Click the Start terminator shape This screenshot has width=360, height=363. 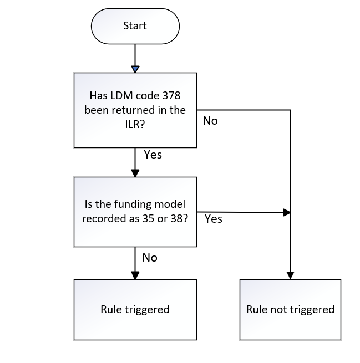135,26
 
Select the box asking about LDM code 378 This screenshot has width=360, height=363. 135,110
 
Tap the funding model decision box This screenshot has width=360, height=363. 135,212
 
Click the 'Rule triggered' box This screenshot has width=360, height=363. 135,309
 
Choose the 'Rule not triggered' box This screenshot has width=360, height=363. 290,309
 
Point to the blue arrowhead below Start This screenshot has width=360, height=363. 135,69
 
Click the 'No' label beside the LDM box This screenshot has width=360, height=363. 210,121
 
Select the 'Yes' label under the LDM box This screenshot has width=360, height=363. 153,155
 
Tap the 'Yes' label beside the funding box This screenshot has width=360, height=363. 213,219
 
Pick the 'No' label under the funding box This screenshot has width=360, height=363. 150,258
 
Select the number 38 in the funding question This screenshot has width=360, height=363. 178,218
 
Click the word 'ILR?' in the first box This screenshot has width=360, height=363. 135,125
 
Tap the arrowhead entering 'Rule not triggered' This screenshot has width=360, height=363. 290,275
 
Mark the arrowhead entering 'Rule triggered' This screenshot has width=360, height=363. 135,275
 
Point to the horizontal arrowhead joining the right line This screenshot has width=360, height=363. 286,212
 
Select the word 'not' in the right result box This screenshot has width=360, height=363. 281,309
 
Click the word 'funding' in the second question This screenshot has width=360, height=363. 133,204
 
